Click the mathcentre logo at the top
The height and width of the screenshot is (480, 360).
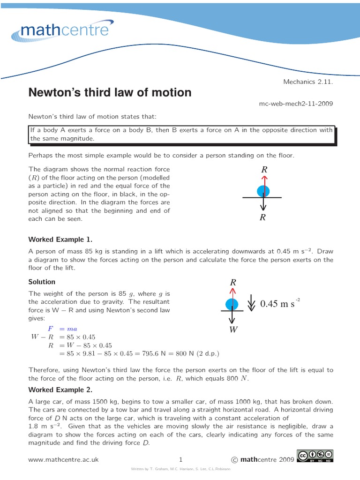[65, 31]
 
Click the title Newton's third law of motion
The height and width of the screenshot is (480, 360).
[110, 92]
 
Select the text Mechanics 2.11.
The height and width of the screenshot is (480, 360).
[308, 82]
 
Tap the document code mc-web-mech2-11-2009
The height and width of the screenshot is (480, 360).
[296, 103]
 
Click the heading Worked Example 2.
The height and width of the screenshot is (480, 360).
[60, 390]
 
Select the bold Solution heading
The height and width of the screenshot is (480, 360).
[42, 282]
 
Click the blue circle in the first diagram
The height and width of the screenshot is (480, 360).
[263, 191]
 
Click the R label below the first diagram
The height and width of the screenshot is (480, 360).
[262, 217]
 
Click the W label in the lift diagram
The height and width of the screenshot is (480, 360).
[233, 330]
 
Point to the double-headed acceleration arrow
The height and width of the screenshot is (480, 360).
[251, 303]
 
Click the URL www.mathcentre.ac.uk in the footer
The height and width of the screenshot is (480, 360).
[64, 460]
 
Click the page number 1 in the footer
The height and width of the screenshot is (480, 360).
[180, 460]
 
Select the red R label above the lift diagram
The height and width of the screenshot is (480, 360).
[232, 283]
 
